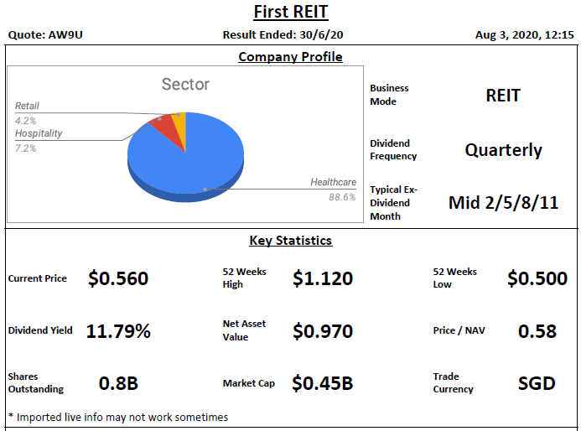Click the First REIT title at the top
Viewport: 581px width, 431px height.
290,12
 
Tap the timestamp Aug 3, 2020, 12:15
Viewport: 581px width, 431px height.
524,34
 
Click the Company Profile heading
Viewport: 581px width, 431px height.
290,57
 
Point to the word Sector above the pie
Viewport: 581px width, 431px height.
185,85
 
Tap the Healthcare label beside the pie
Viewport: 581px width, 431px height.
333,182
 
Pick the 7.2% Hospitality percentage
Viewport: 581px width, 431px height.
26,148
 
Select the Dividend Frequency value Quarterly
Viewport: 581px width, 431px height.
503,150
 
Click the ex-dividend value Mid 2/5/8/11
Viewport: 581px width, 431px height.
503,202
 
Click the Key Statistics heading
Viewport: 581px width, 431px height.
290,241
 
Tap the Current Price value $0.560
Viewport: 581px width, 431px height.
118,278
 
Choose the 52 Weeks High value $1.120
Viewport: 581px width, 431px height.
323,278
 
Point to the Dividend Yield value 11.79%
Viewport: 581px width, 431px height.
118,331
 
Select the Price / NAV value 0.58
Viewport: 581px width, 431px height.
537,331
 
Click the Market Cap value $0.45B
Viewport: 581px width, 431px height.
323,383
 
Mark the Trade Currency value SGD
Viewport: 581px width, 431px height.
537,383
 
